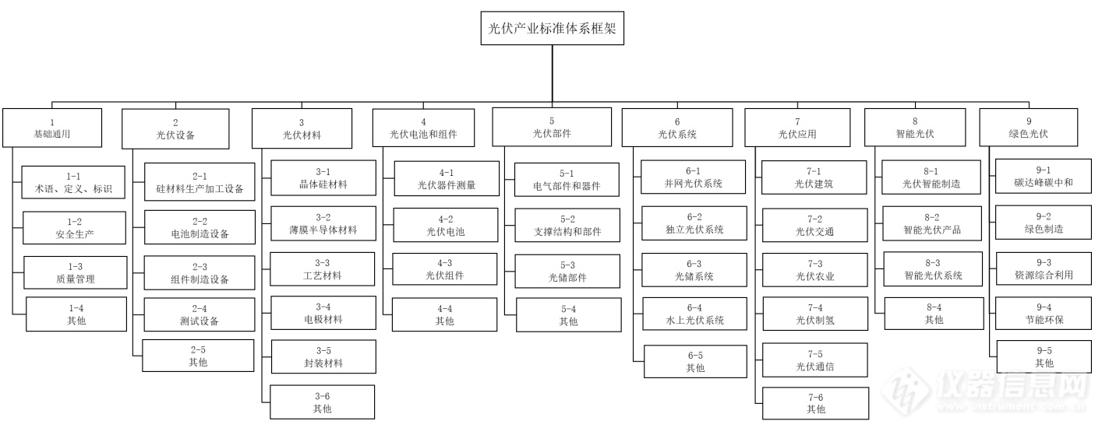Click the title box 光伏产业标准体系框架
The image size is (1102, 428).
[x=552, y=29]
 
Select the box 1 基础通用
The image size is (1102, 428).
[x=52, y=128]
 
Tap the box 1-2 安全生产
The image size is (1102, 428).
[x=73, y=227]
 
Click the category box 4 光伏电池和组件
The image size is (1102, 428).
[x=423, y=128]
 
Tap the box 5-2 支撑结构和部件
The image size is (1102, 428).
[x=567, y=225]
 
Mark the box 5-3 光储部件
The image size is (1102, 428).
[x=567, y=270]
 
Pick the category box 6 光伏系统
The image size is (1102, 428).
[x=676, y=128]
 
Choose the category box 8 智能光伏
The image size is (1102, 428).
[x=915, y=128]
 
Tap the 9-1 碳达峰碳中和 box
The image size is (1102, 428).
[x=1043, y=177]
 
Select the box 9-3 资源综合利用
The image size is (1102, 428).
[x=1043, y=268]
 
